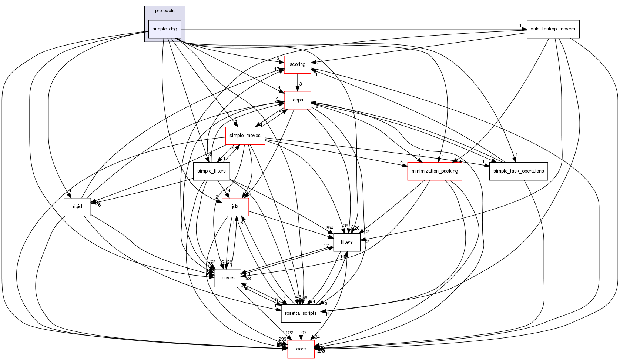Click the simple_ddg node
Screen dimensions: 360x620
(165, 29)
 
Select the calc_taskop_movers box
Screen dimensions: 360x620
(553, 29)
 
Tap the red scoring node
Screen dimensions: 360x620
(297, 64)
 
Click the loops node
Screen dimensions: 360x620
(297, 100)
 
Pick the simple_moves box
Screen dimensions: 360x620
(245, 136)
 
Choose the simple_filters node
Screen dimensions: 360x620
(211, 171)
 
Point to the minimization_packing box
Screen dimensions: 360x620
(435, 171)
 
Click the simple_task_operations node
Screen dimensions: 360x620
(518, 171)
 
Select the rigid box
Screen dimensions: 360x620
(77, 207)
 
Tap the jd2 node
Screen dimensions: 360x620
(235, 207)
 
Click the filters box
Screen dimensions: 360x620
(346, 242)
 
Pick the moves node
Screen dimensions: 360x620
(227, 278)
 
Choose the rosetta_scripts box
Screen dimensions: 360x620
(301, 313)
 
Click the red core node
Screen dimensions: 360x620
(301, 349)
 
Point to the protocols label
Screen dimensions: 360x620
(165, 11)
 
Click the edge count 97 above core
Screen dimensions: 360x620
(304, 333)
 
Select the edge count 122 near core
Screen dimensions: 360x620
(289, 333)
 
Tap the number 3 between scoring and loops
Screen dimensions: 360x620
(301, 84)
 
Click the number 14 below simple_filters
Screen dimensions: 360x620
(228, 190)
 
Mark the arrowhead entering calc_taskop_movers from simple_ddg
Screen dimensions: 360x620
(524, 29)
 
